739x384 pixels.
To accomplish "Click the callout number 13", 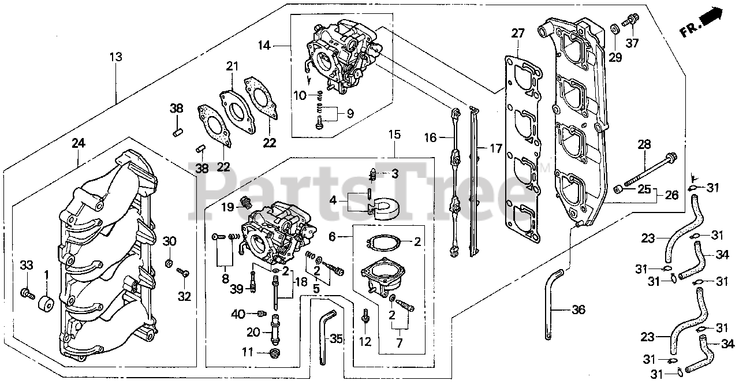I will pos(116,57).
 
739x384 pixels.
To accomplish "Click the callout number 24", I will pos(79,142).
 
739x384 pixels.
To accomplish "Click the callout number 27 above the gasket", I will pos(517,33).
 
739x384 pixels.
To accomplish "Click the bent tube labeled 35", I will pos(324,335).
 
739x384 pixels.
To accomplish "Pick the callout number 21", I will pos(232,67).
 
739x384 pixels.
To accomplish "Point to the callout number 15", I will pos(394,135).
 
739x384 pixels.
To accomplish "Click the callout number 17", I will pos(495,148).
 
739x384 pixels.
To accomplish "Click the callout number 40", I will pos(238,314).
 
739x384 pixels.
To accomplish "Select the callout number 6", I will pos(332,236).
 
